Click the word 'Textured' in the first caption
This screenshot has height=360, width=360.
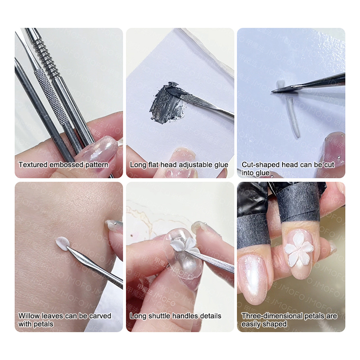[x=33, y=165]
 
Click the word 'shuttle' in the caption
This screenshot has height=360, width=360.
[x=160, y=316]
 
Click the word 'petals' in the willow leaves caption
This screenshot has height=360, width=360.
[x=43, y=324]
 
